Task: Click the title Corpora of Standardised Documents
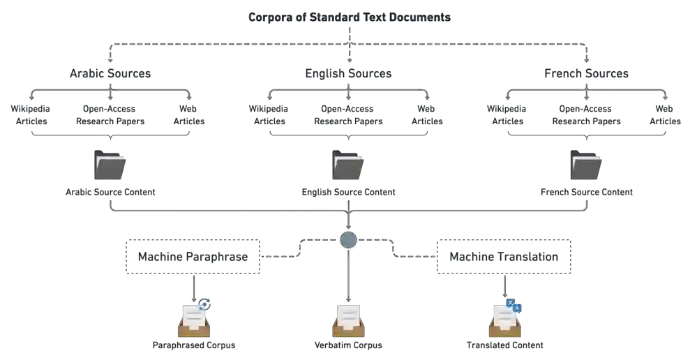click(x=349, y=17)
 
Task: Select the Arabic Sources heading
click(x=109, y=73)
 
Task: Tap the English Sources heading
click(x=347, y=73)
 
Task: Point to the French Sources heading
click(x=586, y=73)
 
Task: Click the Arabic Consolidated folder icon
click(x=110, y=167)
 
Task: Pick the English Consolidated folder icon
click(x=347, y=167)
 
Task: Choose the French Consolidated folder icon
click(x=586, y=167)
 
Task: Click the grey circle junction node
click(x=348, y=241)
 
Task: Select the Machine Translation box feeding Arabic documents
click(x=193, y=257)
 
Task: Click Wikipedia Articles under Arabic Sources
click(x=31, y=115)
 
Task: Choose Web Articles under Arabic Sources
click(x=188, y=115)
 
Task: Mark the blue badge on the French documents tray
click(x=515, y=304)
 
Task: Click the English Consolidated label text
click(x=347, y=190)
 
